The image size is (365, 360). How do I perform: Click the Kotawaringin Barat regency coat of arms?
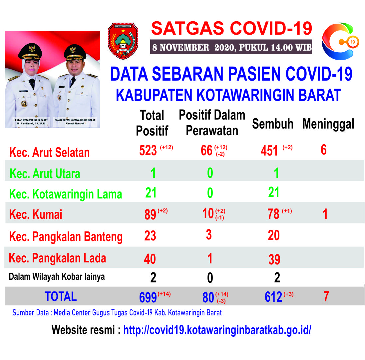[123, 41]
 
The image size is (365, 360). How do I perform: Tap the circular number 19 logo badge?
[353, 42]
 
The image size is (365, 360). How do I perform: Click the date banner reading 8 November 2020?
[231, 47]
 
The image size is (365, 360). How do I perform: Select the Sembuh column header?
[273, 124]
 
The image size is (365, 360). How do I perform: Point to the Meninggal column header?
[328, 124]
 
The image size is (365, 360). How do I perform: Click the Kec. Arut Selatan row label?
[49, 153]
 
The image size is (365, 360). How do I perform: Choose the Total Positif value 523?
[148, 150]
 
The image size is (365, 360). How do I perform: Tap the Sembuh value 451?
[269, 151]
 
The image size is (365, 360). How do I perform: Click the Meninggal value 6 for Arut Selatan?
[324, 150]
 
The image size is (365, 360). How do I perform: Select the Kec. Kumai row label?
[36, 214]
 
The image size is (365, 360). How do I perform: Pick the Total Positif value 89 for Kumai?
[150, 214]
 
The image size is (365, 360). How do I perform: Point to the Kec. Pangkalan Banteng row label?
[66, 237]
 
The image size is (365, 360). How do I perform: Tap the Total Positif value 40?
[150, 259]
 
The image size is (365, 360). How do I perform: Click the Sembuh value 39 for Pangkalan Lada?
[274, 259]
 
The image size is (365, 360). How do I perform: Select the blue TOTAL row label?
[61, 297]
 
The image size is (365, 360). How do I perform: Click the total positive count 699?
[148, 297]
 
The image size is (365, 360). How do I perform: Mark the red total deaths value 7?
[326, 296]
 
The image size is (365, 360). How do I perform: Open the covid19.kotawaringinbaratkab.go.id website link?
[217, 330]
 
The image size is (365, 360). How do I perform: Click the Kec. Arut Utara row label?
[45, 174]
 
